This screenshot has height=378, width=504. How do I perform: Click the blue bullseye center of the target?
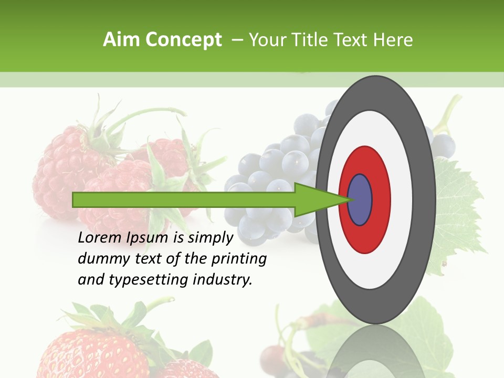pos(360,199)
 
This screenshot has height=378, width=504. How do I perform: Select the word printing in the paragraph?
pos(239,259)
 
